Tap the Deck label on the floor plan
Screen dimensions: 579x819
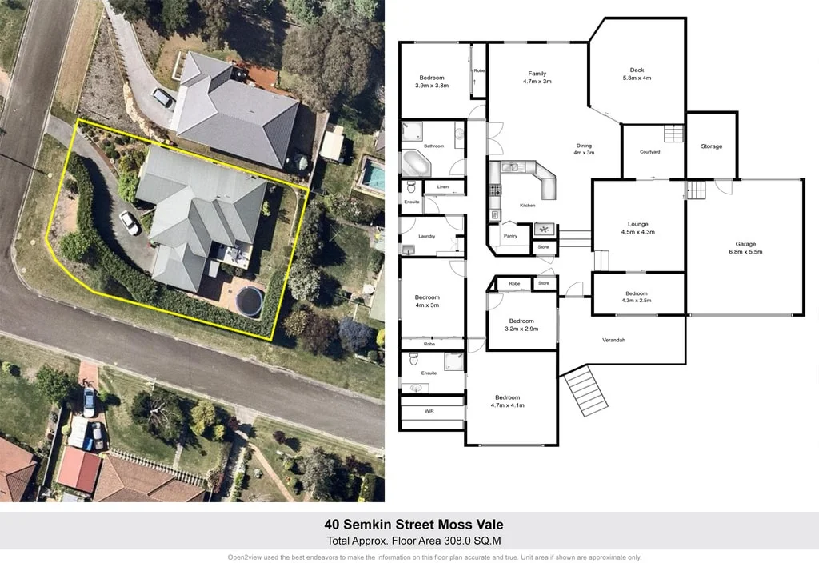click(637, 70)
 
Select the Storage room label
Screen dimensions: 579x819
click(711, 146)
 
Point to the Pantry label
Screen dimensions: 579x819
click(510, 236)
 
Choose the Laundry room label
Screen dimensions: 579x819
click(426, 236)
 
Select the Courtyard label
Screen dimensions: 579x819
click(649, 152)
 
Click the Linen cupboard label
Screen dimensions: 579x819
click(442, 187)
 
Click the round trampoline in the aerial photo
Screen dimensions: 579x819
click(250, 302)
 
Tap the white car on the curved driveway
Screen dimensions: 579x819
click(130, 222)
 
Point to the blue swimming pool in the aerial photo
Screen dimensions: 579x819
click(373, 173)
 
